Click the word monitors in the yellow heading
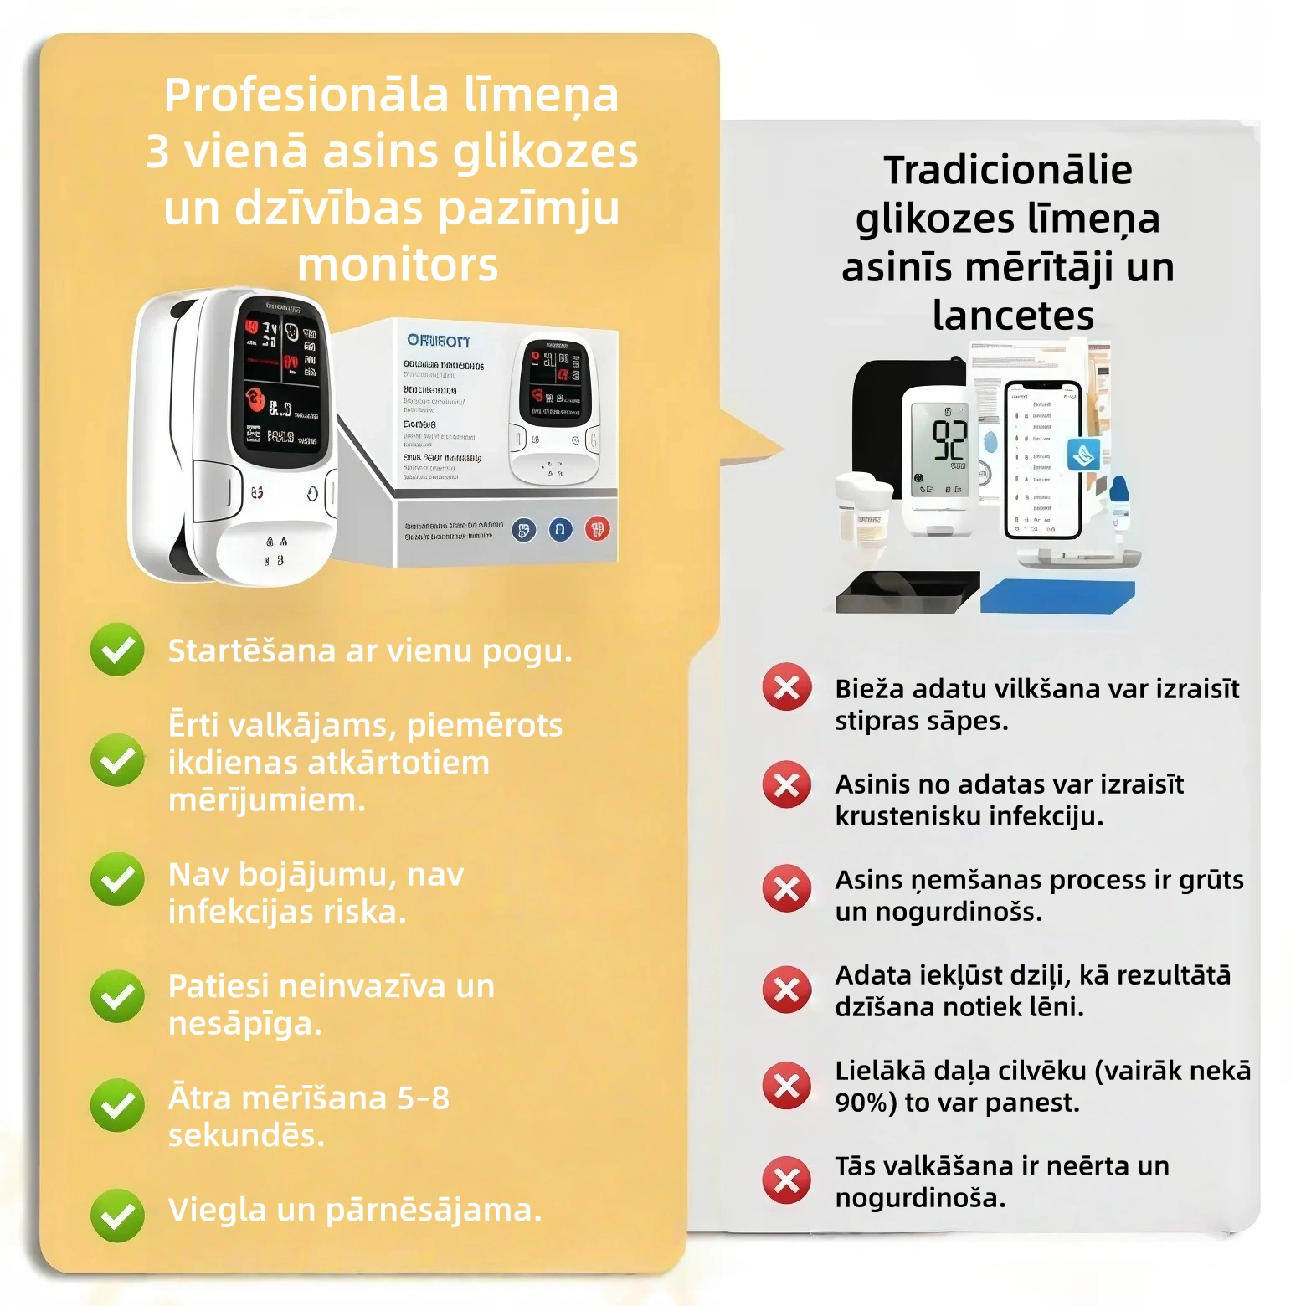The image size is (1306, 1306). [x=398, y=265]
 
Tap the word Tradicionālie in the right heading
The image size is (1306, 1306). [x=1008, y=171]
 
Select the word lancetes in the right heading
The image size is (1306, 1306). [x=1013, y=316]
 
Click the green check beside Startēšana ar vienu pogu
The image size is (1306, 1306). [x=117, y=650]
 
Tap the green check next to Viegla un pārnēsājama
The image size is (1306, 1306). [x=117, y=1215]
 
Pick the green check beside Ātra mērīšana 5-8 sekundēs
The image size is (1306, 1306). [x=117, y=1105]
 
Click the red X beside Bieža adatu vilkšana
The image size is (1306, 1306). [x=787, y=687]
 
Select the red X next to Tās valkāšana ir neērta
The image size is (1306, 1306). [x=787, y=1180]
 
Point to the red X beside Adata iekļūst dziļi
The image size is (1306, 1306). [x=787, y=990]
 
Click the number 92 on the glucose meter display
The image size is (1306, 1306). [x=949, y=440]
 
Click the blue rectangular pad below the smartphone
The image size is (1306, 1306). [x=1057, y=597]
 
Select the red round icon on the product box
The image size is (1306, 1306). [x=597, y=529]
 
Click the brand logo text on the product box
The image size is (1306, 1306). [x=439, y=341]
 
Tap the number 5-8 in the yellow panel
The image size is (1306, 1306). [x=423, y=1098]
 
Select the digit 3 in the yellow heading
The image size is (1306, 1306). [x=157, y=152]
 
